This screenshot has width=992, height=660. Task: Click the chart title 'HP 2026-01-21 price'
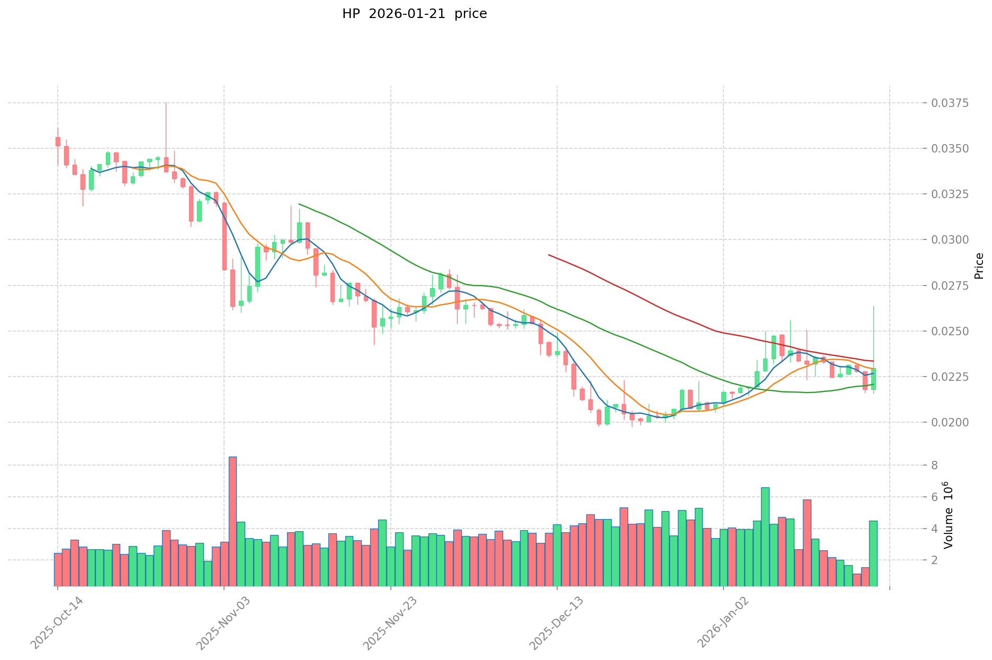(x=414, y=14)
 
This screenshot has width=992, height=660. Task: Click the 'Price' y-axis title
(x=979, y=266)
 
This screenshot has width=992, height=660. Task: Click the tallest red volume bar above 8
(x=233, y=521)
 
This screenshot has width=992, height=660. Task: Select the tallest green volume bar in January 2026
(x=765, y=536)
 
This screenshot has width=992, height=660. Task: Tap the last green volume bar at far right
(x=873, y=553)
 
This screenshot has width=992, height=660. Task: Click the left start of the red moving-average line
(x=549, y=255)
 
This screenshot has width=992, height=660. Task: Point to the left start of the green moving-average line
(x=299, y=204)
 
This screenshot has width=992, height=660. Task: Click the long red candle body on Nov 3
(x=225, y=236)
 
